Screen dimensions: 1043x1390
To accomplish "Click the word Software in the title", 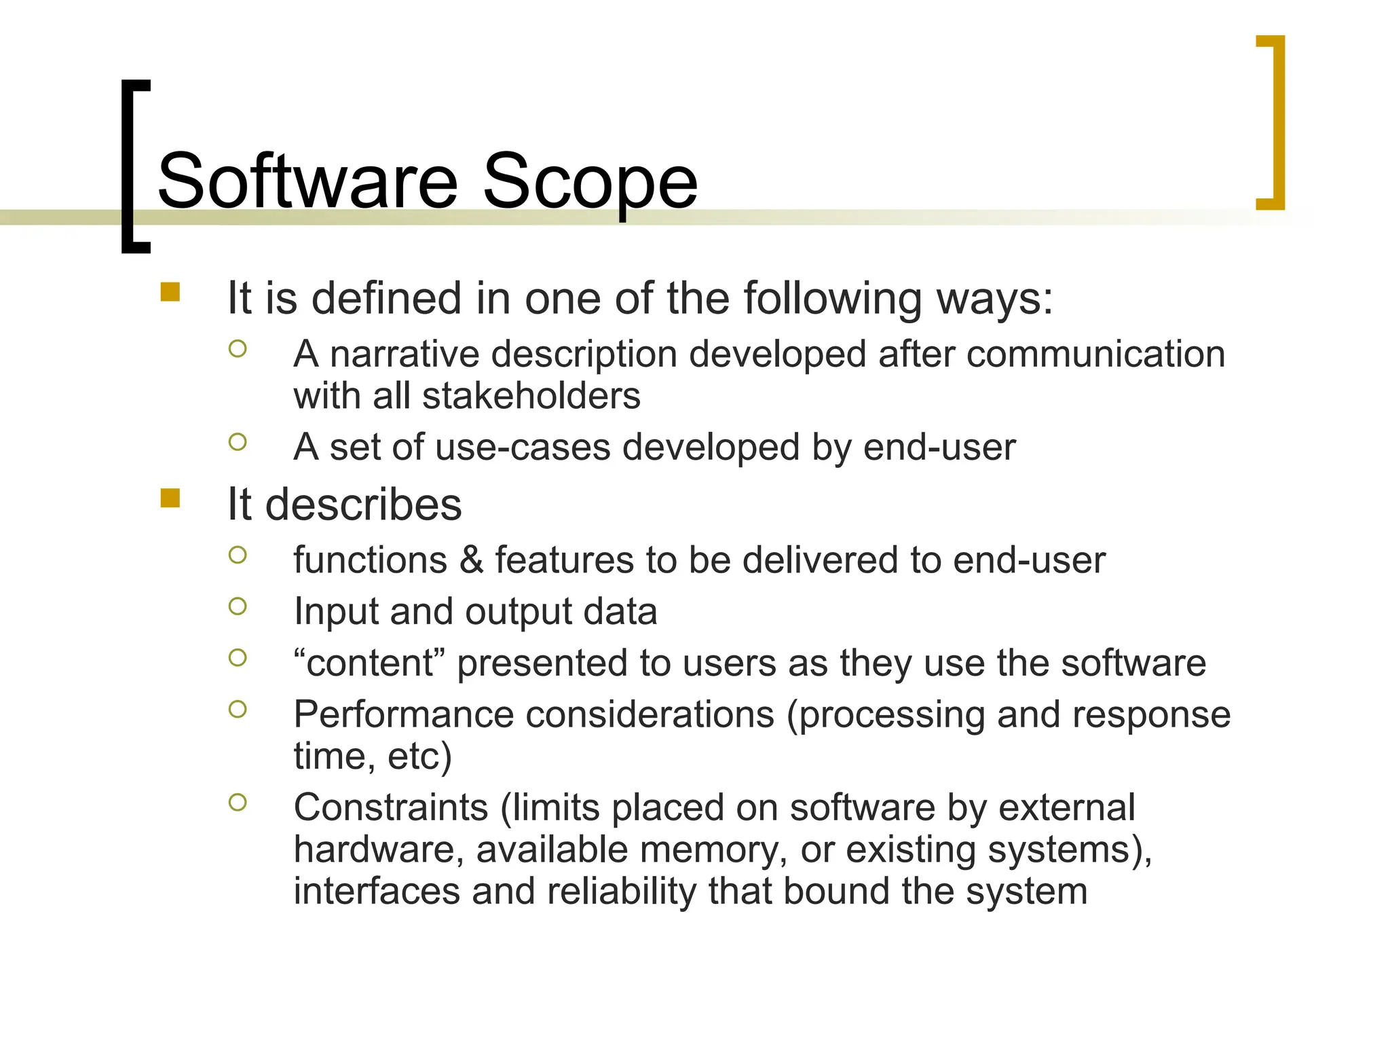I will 307,181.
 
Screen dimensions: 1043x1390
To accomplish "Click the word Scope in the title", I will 589,181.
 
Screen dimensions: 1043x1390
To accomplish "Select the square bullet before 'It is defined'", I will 170,292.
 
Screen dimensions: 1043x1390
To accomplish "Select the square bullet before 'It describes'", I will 170,498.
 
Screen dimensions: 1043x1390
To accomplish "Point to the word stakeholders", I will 531,396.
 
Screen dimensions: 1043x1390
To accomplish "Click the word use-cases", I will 523,447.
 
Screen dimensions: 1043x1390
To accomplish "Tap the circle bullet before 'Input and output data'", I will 238,606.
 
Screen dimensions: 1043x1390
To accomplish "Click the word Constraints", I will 391,808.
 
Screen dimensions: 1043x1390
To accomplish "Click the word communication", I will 1095,354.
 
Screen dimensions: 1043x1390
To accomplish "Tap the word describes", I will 363,505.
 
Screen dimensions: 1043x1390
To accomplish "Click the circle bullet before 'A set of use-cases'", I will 238,442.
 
